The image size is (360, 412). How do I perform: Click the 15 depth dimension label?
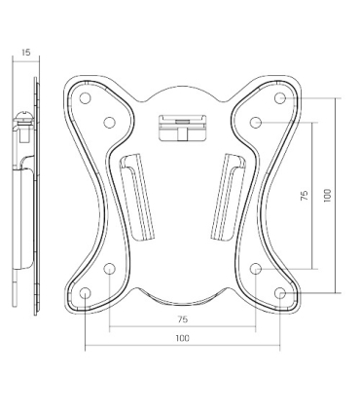pyautogui.click(x=26, y=52)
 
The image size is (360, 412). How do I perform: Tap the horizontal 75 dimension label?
pyautogui.click(x=183, y=319)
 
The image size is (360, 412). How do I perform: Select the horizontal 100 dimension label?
pyautogui.click(x=183, y=338)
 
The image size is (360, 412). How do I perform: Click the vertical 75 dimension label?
pyautogui.click(x=305, y=195)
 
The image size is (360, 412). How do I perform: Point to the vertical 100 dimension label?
pyautogui.click(x=328, y=196)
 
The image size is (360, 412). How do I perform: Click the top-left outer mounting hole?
pyautogui.click(x=85, y=97)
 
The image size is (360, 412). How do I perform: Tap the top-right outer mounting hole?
pyautogui.click(x=280, y=97)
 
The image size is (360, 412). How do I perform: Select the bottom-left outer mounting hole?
pyautogui.click(x=85, y=293)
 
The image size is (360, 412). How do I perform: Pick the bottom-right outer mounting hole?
pyautogui.click(x=280, y=293)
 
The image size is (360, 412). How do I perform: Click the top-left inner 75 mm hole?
pyautogui.click(x=110, y=123)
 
